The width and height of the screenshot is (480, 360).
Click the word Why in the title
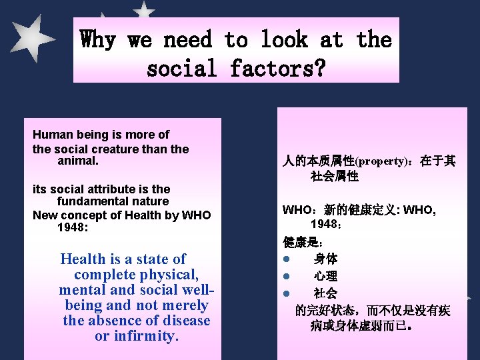[x=98, y=40]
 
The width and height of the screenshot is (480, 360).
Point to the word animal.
[x=79, y=161]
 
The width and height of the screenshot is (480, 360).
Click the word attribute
[x=117, y=189]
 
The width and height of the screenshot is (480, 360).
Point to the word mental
[x=82, y=290]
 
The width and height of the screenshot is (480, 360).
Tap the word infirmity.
[x=145, y=336]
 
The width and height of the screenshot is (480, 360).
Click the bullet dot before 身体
[x=284, y=259]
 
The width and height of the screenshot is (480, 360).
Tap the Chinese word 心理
[x=326, y=275]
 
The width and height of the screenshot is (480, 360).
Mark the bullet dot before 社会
[x=284, y=293]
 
